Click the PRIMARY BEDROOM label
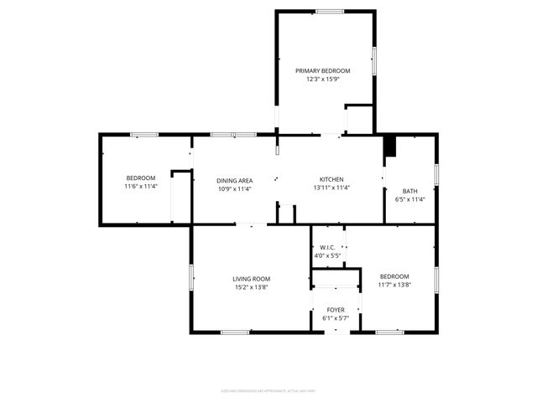tap(322, 70)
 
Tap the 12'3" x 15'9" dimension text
tap(322, 80)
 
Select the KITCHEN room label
tap(331, 179)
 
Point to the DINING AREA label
tap(235, 180)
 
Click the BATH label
tap(409, 191)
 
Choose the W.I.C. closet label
tap(327, 247)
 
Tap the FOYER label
tap(335, 310)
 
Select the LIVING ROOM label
tap(252, 279)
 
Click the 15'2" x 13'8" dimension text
tap(252, 288)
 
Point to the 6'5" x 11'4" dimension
tap(410, 199)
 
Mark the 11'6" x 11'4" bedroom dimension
tap(141, 187)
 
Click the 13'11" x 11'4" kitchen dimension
tap(331, 188)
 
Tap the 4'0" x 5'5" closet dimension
tap(327, 255)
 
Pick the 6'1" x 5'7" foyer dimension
tap(335, 318)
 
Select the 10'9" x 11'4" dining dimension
tap(235, 188)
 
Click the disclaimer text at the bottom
tap(268, 390)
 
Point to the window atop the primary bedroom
tap(330, 11)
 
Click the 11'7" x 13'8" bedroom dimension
tap(394, 286)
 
